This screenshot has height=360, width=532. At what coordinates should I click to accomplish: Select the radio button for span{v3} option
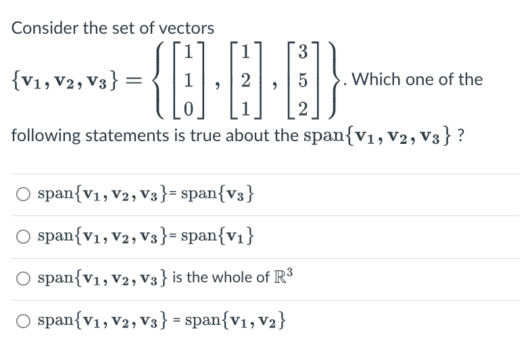click(24, 195)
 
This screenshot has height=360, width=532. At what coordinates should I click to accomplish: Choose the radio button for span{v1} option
click(24, 237)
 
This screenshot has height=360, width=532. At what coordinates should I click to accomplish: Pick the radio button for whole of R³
click(24, 279)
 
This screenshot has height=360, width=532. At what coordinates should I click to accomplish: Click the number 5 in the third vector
click(303, 80)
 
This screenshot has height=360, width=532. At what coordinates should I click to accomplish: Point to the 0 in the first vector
click(191, 109)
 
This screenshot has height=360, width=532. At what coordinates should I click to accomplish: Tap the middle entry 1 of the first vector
click(191, 80)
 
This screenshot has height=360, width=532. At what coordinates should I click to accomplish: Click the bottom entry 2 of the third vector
click(303, 109)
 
